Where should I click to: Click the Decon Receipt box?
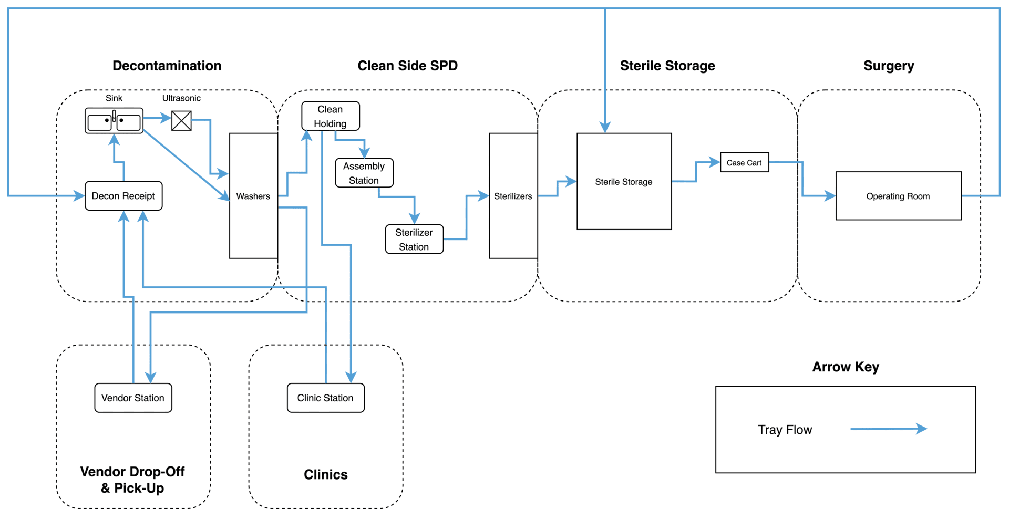[x=123, y=196]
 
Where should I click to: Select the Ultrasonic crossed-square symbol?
[x=181, y=121]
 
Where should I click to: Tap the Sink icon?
[x=114, y=121]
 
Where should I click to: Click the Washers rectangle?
[x=253, y=195]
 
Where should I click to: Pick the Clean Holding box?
[x=331, y=116]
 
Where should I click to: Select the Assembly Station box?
[x=364, y=173]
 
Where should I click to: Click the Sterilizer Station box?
[x=414, y=240]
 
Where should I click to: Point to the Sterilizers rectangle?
[x=513, y=195]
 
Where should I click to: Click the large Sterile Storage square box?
[x=624, y=181]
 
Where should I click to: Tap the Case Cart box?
[x=744, y=162]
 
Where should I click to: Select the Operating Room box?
[x=898, y=196]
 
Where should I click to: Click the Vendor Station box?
[x=133, y=398]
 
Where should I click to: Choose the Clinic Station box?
[x=325, y=398]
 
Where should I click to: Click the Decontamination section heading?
[x=167, y=66]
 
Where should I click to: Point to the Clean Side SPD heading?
[x=407, y=66]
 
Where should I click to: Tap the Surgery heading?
[x=889, y=66]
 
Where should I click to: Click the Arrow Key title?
[x=845, y=367]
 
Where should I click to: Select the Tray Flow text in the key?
[x=785, y=430]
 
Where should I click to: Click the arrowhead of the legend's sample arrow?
[x=922, y=429]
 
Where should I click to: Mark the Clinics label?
[x=325, y=474]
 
